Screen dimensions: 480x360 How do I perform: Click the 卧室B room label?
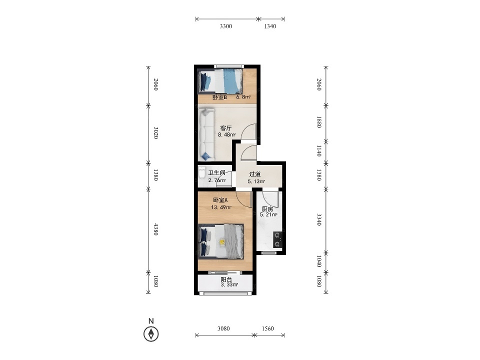click(x=219, y=97)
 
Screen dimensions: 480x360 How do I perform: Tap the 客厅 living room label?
click(x=226, y=128)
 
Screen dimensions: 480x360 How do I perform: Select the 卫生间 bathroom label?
click(x=216, y=172)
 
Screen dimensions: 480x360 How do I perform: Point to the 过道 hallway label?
click(x=254, y=174)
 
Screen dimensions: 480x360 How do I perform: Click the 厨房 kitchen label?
click(x=267, y=209)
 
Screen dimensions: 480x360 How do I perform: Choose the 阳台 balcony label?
click(x=226, y=279)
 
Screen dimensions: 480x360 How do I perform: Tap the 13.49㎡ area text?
click(x=221, y=207)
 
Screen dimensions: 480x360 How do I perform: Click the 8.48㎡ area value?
click(x=226, y=134)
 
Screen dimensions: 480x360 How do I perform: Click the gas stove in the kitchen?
click(x=277, y=239)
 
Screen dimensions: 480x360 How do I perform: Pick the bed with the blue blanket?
click(x=220, y=81)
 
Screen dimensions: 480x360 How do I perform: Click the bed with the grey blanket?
click(x=221, y=241)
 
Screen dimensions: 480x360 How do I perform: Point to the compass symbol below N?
click(x=151, y=333)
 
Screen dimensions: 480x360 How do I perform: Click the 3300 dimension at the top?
click(x=226, y=26)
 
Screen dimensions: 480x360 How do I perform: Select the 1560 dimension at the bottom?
click(x=267, y=328)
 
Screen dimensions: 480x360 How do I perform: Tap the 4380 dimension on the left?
click(x=156, y=229)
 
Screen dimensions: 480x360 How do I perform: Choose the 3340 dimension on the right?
click(x=318, y=219)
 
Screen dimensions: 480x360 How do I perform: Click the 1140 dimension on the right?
click(x=318, y=151)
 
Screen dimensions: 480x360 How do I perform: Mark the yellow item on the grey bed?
click(x=222, y=242)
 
